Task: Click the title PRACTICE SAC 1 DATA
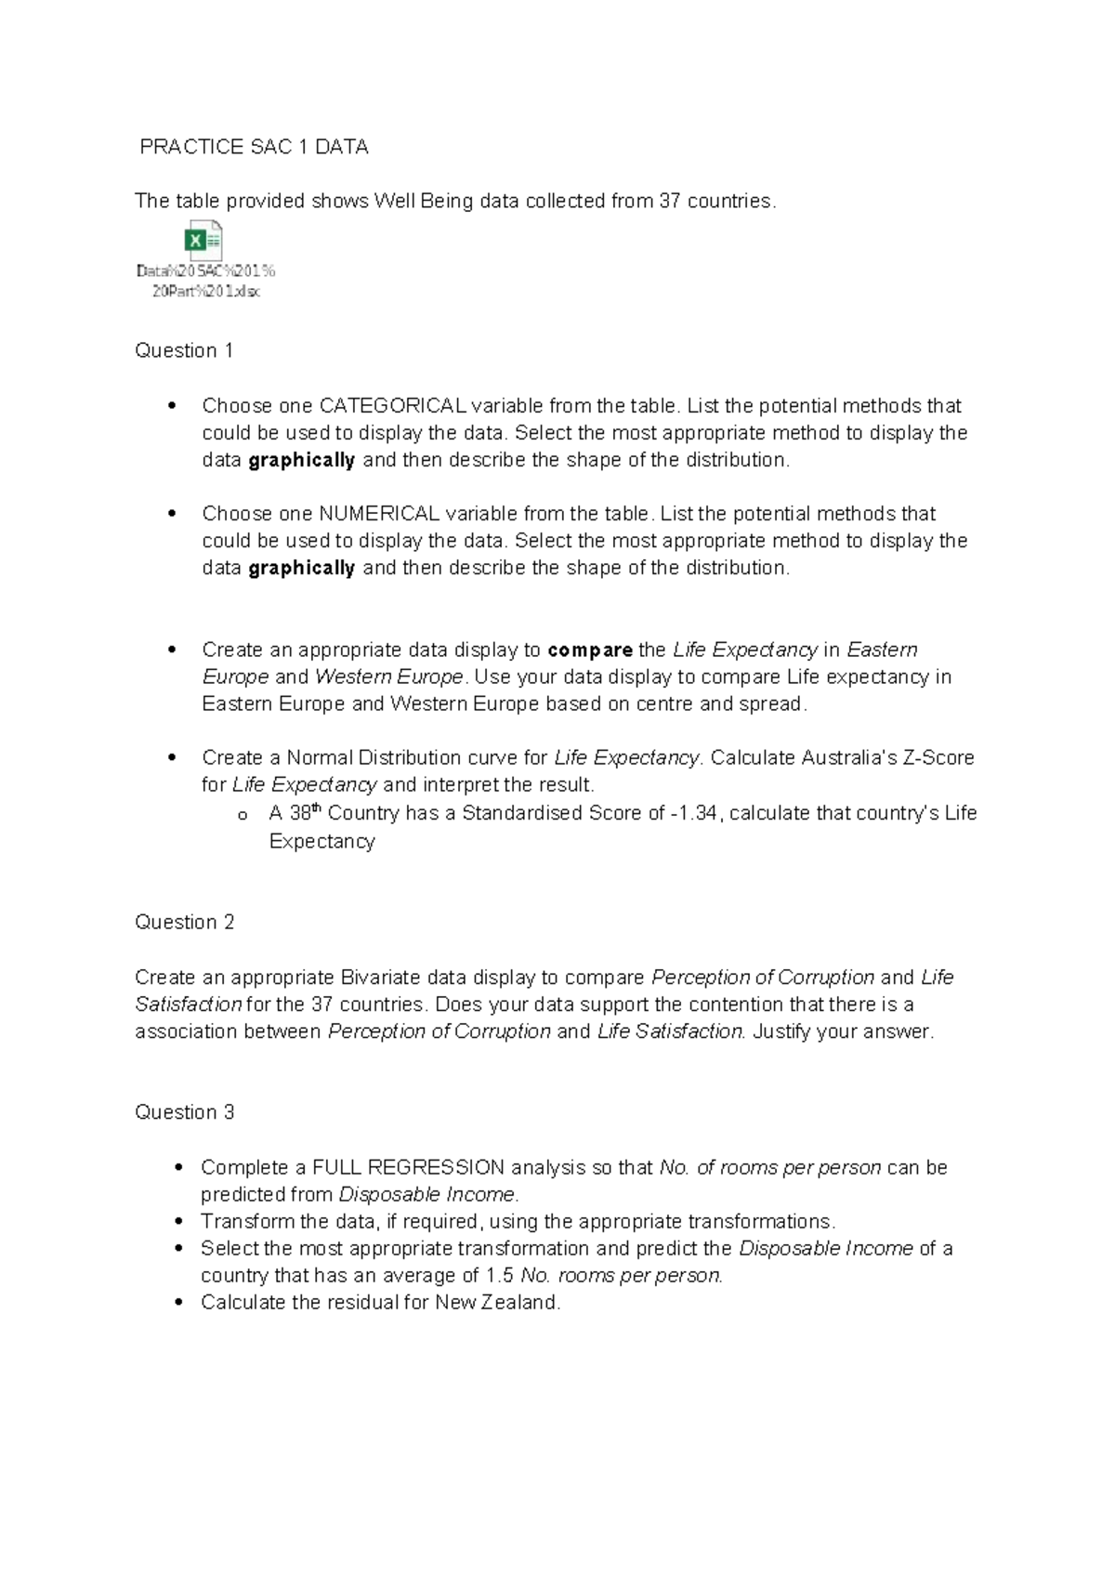(254, 147)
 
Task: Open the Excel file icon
(204, 242)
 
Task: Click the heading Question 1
(184, 350)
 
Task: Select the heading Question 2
(184, 922)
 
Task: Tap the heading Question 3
(184, 1112)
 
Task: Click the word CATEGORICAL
(393, 406)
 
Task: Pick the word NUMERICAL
(379, 514)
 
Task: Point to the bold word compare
(590, 650)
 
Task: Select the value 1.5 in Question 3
(500, 1276)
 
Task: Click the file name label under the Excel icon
(206, 281)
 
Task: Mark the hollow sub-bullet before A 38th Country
(243, 816)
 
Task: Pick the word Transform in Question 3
(241, 1221)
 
